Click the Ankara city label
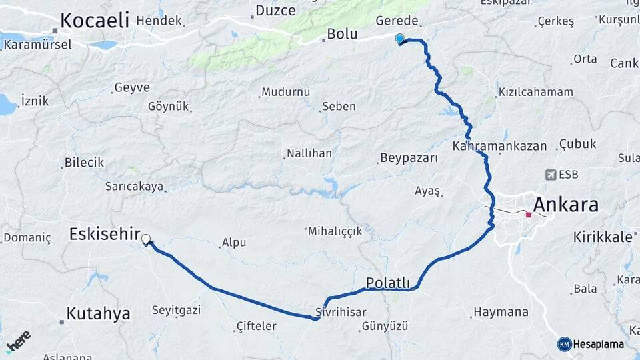tap(565, 205)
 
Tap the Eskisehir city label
tap(104, 233)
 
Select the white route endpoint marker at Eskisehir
tap(145, 237)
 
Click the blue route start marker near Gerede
tap(399, 39)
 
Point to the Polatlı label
tap(388, 283)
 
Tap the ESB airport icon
tap(551, 175)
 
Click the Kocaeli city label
tap(94, 21)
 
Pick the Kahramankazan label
tap(499, 145)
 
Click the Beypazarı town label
tap(409, 158)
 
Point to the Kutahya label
tap(98, 313)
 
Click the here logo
tap(18, 341)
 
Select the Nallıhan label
tap(309, 153)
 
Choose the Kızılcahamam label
tap(535, 92)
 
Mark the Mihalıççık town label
tap(335, 231)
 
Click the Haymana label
tap(500, 311)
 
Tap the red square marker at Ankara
tap(529, 215)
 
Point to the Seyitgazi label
tap(176, 310)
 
